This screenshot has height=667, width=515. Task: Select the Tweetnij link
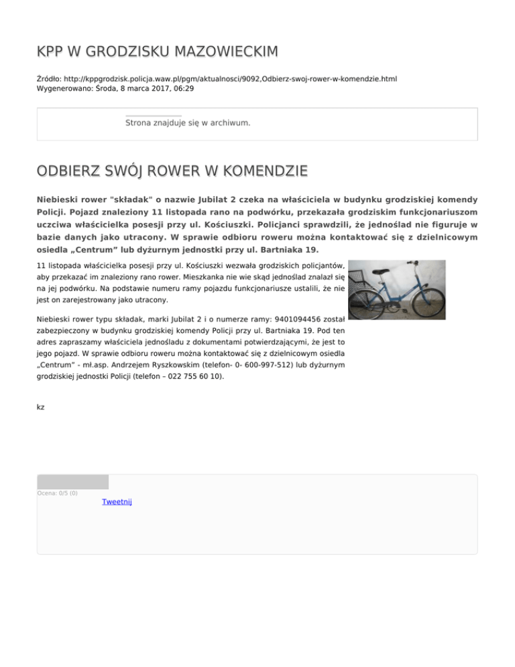pyautogui.click(x=117, y=502)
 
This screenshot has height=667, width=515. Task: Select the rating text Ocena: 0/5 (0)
pyautogui.click(x=58, y=493)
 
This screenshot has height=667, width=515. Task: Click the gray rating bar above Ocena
pyautogui.click(x=72, y=482)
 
